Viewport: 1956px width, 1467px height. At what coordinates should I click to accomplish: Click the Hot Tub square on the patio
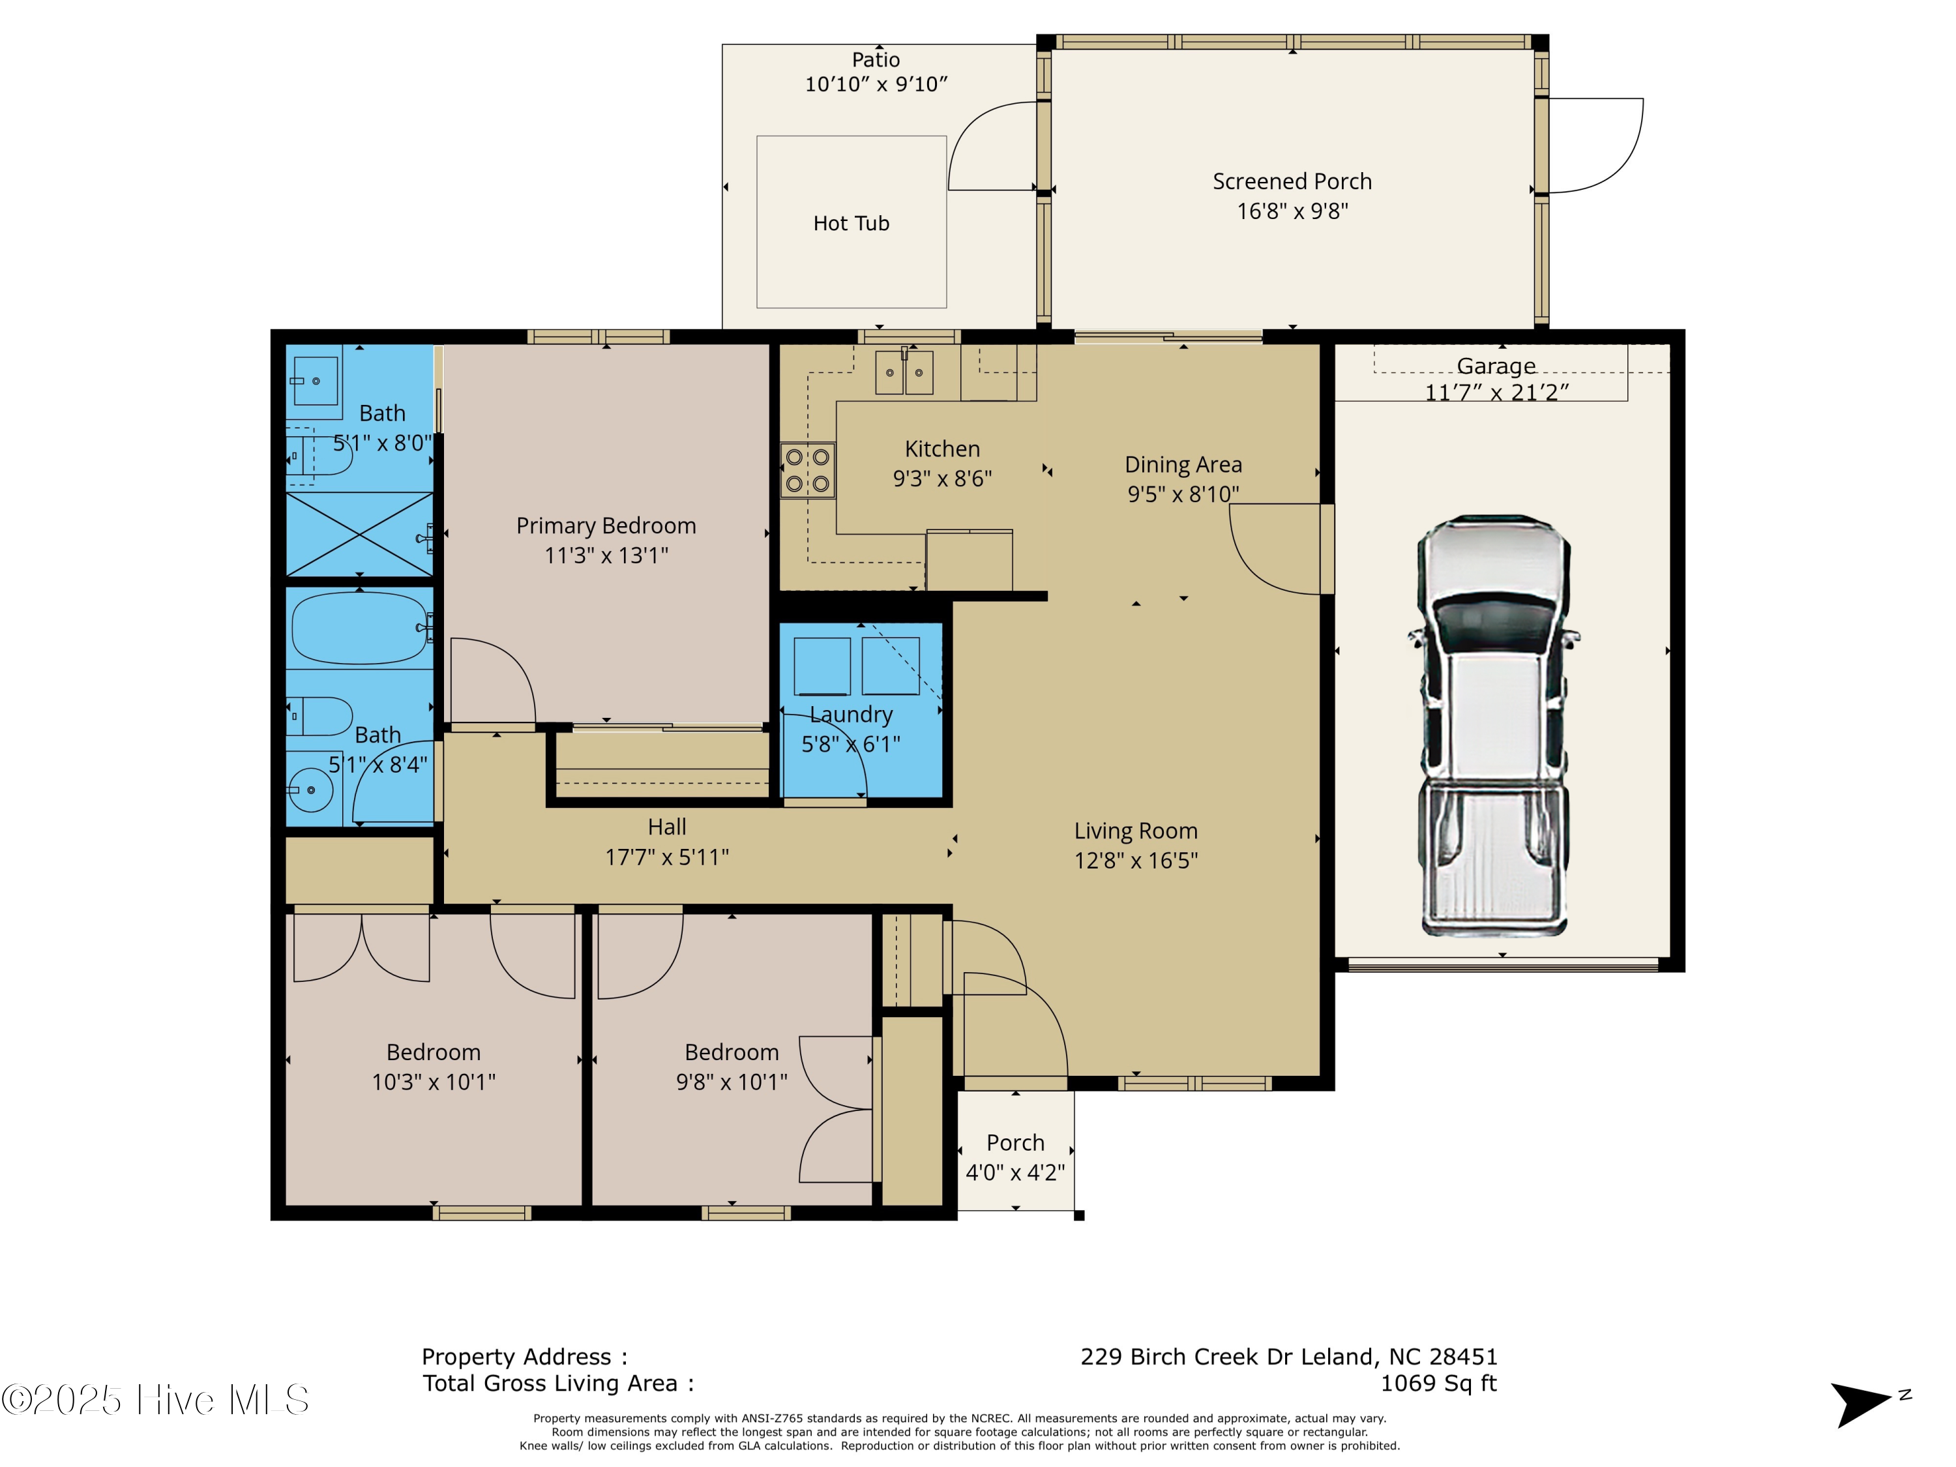851,222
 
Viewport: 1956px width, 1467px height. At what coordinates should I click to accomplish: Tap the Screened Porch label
1291,182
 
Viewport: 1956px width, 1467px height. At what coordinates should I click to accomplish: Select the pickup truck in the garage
1494,725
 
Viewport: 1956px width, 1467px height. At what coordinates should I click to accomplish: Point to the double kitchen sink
904,372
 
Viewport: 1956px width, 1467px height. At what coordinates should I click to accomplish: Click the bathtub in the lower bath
359,628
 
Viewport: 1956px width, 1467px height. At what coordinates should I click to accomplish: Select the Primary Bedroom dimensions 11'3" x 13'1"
606,556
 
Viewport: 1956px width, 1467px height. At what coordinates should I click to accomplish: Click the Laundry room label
851,715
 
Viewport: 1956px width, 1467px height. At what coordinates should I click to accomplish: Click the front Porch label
1015,1142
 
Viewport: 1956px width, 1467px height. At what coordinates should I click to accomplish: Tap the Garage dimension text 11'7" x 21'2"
1496,393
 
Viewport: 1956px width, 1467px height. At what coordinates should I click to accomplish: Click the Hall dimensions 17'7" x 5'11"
667,857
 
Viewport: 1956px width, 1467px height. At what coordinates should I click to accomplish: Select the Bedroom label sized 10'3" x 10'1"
434,1052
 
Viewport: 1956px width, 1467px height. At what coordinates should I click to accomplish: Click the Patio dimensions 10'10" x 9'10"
876,84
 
